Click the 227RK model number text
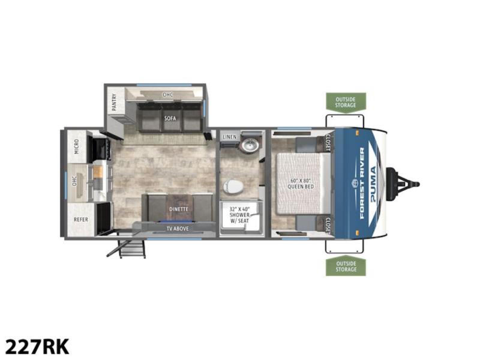[37, 347]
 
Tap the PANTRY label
[114, 102]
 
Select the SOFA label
[170, 118]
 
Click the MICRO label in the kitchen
[76, 146]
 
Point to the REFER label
[81, 220]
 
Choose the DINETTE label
[178, 209]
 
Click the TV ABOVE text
[178, 229]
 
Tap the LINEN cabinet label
[230, 137]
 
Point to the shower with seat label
[239, 215]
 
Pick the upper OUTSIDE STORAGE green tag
[346, 103]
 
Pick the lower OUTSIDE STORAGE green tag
[346, 266]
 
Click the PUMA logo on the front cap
[373, 184]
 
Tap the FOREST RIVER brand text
[362, 183]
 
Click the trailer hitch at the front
[403, 184]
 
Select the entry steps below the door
[128, 248]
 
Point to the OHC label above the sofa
[168, 95]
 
